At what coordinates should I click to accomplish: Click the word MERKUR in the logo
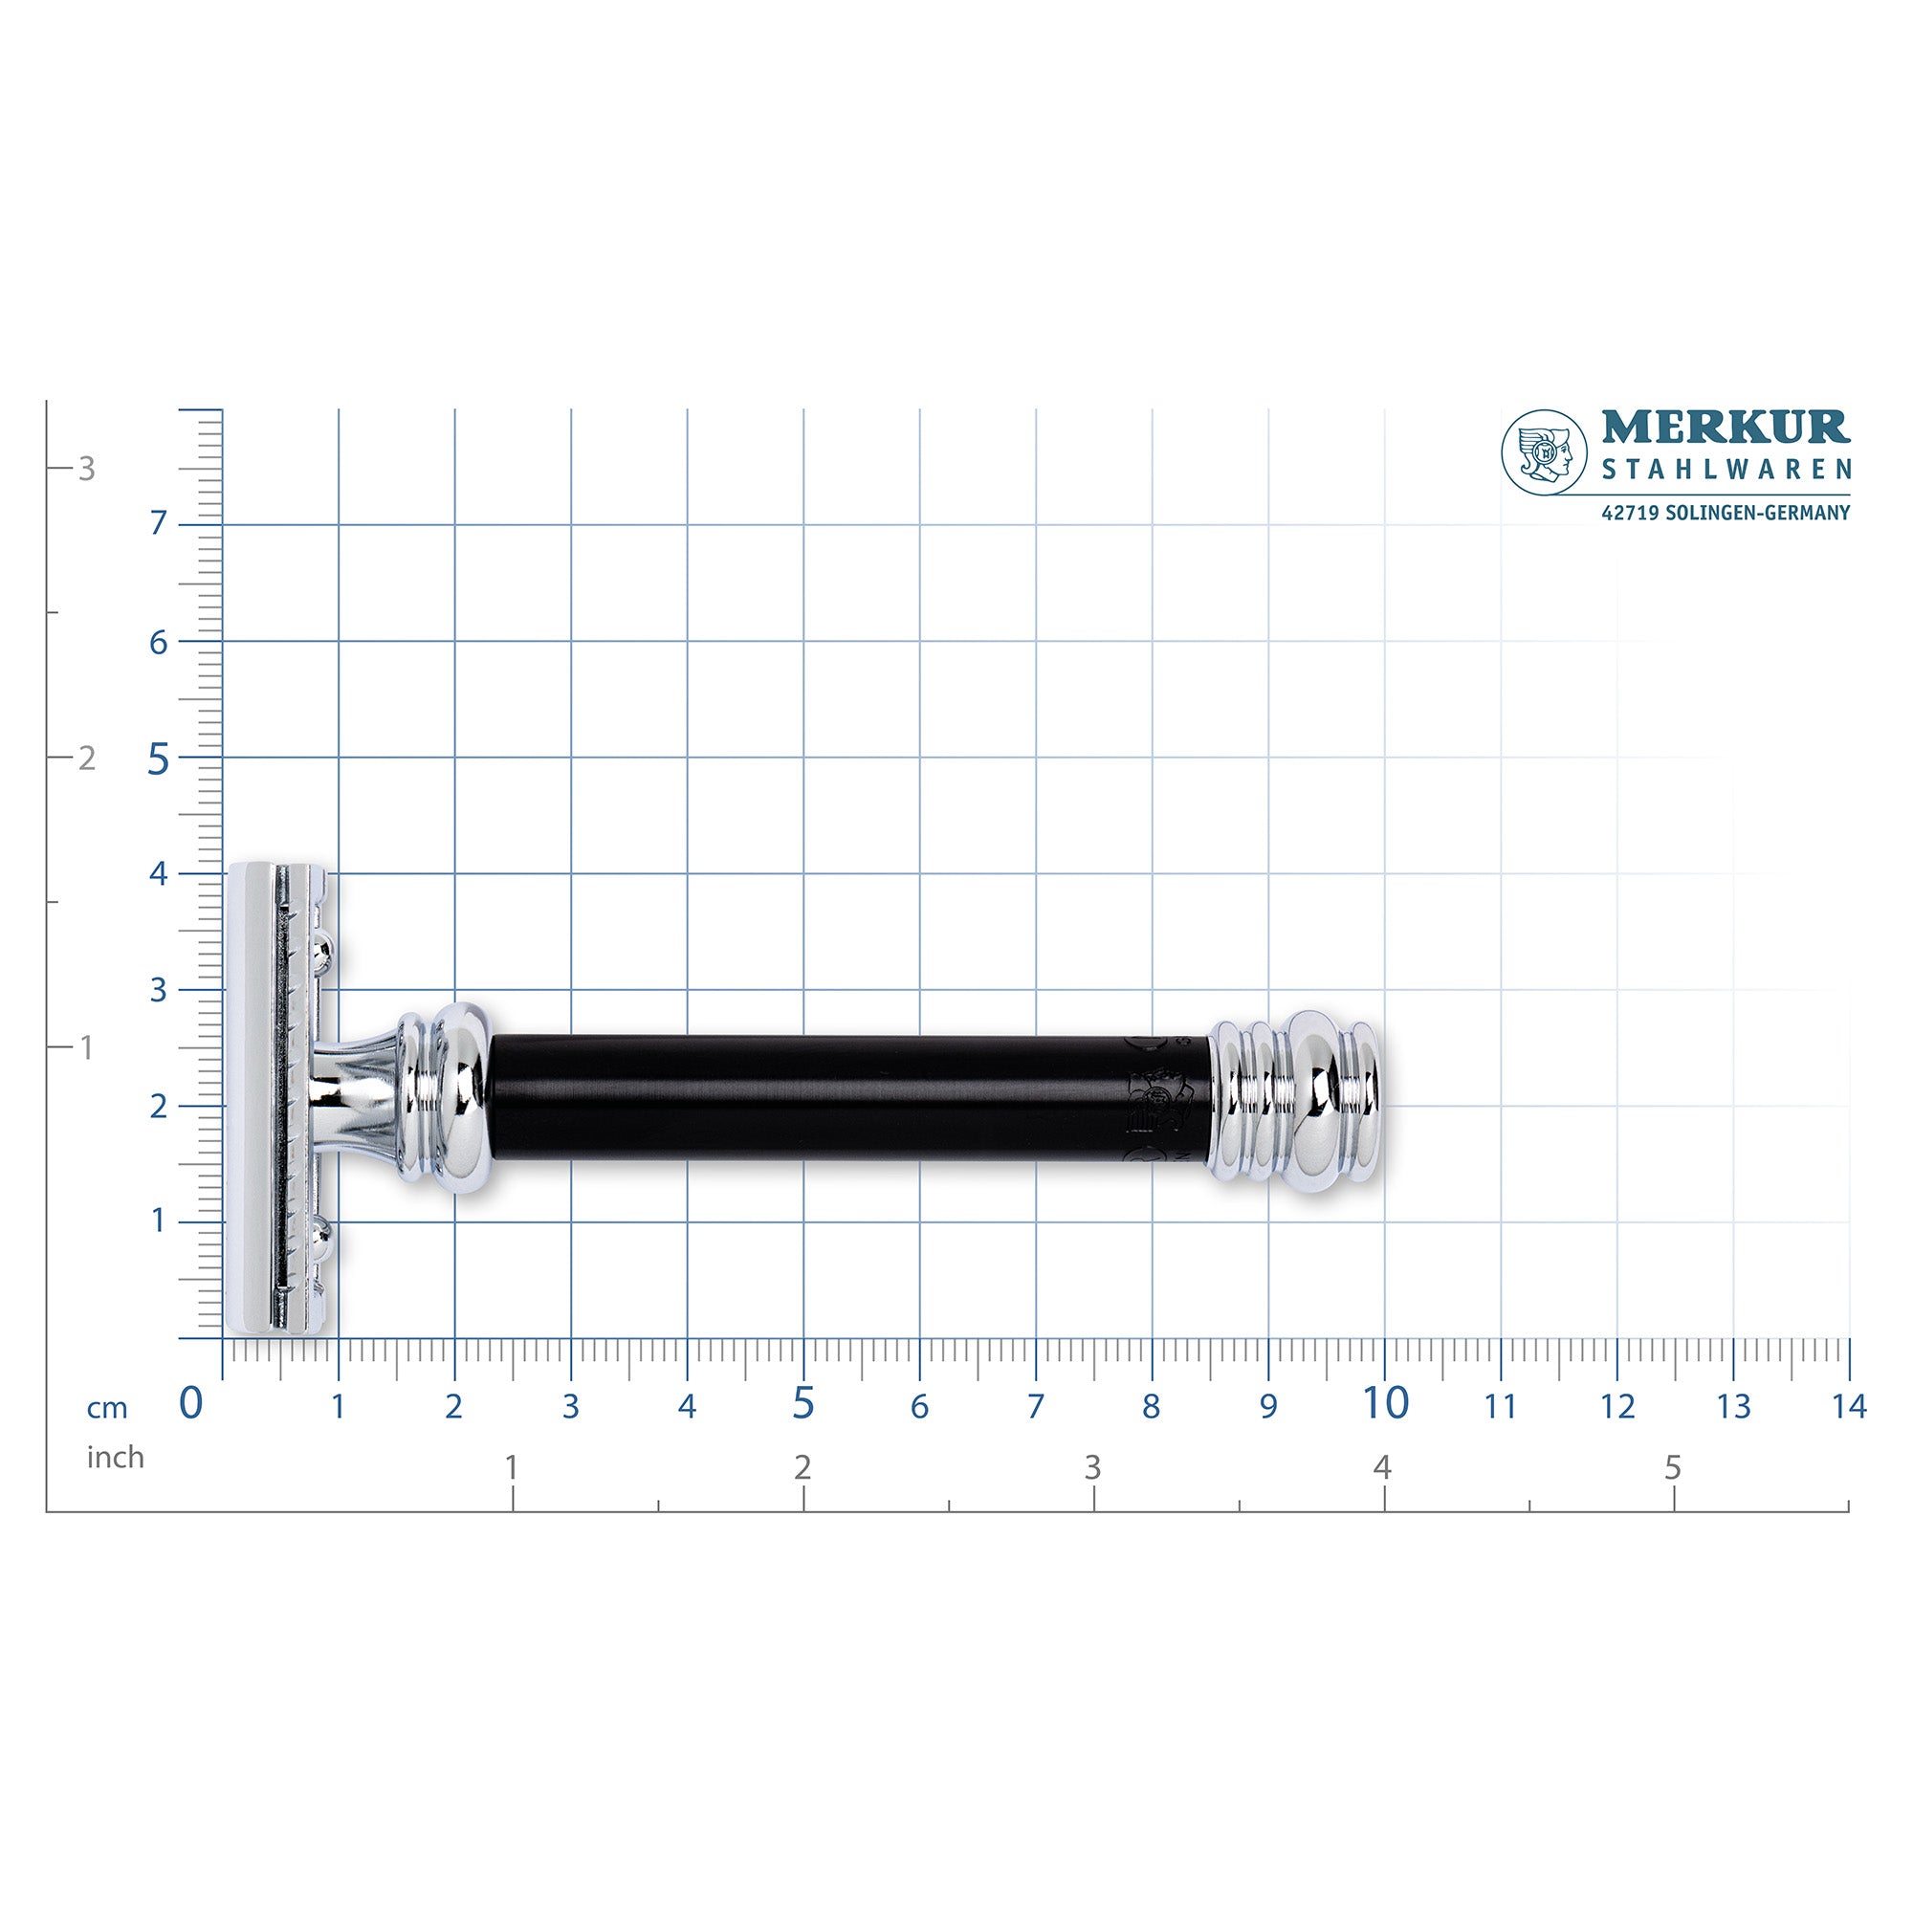1725,428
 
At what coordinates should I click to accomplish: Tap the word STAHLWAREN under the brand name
1726,470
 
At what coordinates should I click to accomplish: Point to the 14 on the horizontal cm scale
1848,1406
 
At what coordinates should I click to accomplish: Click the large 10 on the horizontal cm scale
1384,1403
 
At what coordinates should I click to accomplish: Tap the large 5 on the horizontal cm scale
803,1403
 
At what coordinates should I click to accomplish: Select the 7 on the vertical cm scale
159,525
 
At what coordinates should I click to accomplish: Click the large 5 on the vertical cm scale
159,761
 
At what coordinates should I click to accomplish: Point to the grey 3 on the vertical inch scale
87,470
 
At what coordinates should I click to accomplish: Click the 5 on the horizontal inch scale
1672,1467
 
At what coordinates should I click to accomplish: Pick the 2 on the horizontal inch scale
803,1467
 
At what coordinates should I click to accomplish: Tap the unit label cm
107,1408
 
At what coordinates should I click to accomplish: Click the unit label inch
115,1458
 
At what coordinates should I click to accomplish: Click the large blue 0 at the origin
190,1403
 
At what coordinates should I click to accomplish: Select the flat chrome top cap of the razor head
252,1099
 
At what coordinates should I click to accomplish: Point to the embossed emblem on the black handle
1154,1098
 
